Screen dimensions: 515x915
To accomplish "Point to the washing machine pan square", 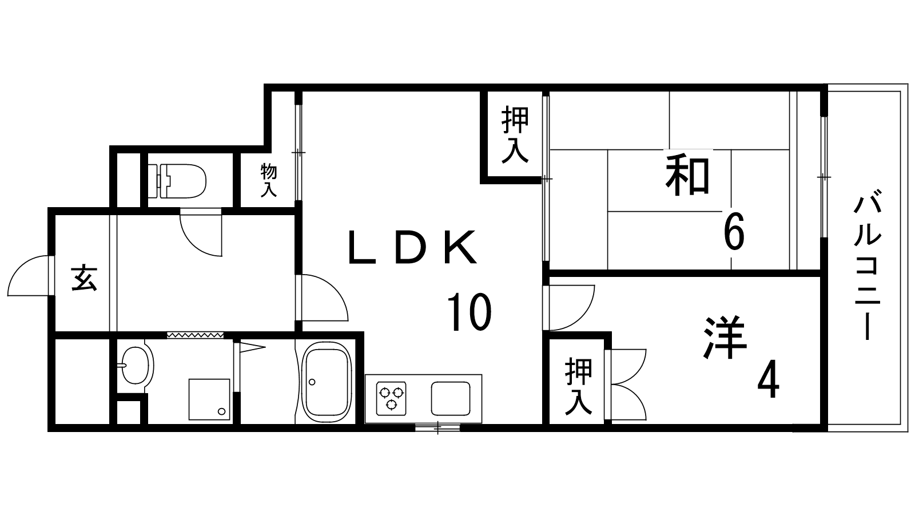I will point(209,399).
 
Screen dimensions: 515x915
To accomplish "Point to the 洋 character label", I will point(725,338).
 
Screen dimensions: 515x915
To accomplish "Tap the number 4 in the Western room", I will point(767,383).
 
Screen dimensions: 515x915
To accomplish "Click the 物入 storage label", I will point(269,180).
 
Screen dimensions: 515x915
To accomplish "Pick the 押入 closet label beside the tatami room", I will point(515,135).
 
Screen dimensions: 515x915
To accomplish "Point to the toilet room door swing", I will point(200,235).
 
